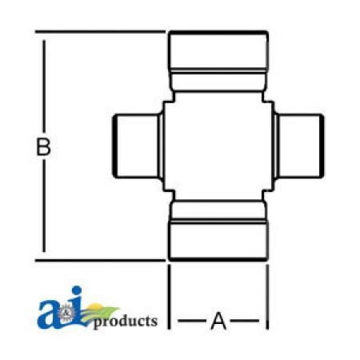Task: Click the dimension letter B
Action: click(43, 146)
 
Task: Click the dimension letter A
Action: click(218, 321)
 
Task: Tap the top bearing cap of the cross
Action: click(218, 61)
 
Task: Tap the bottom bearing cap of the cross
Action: click(218, 231)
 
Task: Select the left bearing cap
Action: click(138, 146)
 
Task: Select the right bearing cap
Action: click(299, 146)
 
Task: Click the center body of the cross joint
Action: click(218, 146)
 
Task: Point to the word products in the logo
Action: click(126, 322)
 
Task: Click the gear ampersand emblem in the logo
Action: click(64, 313)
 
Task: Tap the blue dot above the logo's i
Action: click(77, 291)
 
